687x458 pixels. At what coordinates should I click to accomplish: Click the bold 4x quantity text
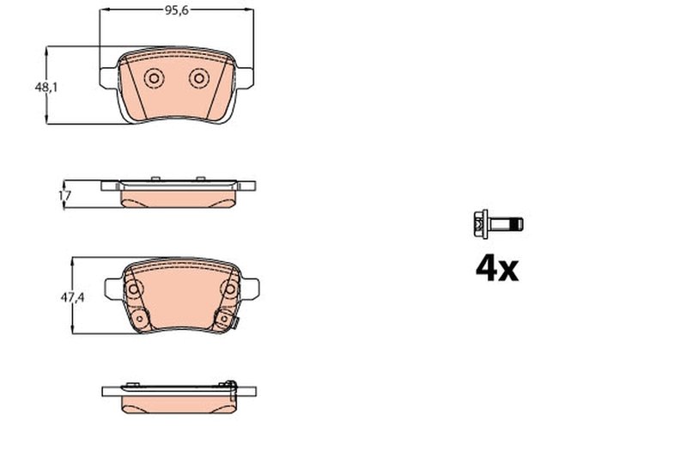pos(497,269)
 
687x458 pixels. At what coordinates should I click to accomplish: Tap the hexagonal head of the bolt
pos(478,224)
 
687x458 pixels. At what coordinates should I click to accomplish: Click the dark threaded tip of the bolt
pos(517,224)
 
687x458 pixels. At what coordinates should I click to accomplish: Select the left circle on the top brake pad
pos(155,78)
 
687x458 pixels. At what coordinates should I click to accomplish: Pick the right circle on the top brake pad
pos(198,78)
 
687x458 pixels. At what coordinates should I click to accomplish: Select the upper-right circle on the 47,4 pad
pos(229,288)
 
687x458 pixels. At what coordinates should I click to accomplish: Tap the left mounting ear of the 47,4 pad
pos(112,288)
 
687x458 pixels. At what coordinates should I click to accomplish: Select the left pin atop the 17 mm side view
pos(156,178)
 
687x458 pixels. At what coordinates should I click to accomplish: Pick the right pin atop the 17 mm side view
pos(200,178)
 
